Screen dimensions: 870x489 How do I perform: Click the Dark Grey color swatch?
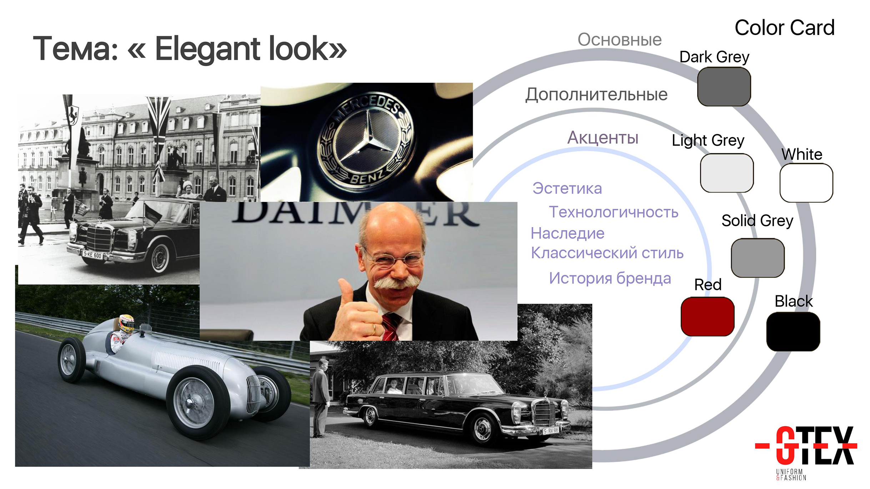coord(724,87)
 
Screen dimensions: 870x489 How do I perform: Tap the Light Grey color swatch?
coord(726,173)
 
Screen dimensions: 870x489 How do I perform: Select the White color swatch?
coord(806,183)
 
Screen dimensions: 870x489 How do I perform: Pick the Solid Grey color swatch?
coord(758,258)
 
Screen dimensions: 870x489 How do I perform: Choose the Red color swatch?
coord(707,316)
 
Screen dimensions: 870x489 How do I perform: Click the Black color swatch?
coord(793,332)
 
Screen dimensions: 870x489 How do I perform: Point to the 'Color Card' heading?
coord(784,27)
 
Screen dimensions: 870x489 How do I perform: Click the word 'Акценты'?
coord(603,138)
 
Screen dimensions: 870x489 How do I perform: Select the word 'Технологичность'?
coord(613,212)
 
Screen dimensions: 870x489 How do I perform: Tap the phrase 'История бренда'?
coord(610,279)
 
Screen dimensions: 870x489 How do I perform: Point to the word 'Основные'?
coord(619,40)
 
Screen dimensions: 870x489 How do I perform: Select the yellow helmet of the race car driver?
coord(126,323)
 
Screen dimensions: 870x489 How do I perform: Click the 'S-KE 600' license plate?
coord(92,255)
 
